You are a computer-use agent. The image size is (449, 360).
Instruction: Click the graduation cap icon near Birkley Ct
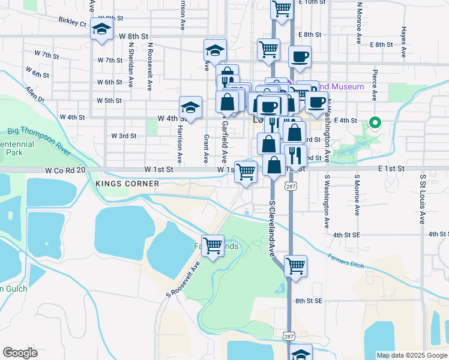(x=102, y=29)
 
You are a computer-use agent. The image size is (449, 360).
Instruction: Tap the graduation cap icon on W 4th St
(x=190, y=107)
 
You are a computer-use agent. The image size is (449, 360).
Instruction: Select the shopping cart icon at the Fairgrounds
(x=212, y=245)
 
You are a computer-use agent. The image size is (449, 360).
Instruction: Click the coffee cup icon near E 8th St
(x=300, y=57)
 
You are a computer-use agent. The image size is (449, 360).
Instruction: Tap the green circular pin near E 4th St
(x=375, y=123)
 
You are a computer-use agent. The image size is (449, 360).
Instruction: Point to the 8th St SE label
(x=309, y=300)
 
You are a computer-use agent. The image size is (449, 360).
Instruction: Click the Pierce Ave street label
(x=374, y=87)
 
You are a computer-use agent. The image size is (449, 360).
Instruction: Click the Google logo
(x=20, y=353)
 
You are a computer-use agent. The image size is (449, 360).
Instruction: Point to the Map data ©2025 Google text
(x=411, y=355)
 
